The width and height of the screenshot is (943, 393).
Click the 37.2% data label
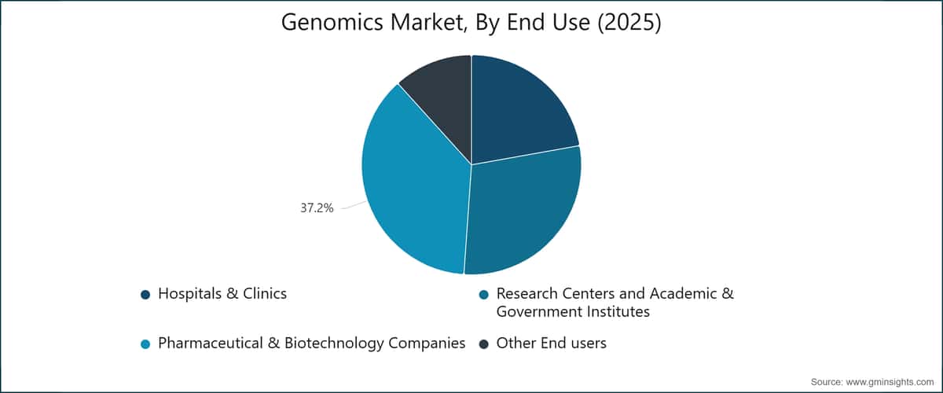click(x=317, y=208)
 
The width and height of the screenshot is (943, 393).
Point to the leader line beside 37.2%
click(x=354, y=205)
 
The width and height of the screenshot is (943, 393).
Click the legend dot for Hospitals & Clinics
click(x=145, y=295)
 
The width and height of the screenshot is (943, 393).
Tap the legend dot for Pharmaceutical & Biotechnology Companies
click(x=145, y=344)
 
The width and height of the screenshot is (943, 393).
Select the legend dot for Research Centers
click(x=484, y=295)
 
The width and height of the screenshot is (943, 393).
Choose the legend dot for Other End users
click(x=484, y=344)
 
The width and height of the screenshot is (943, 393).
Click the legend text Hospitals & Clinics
click(x=222, y=294)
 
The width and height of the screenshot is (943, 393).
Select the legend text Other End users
click(x=552, y=343)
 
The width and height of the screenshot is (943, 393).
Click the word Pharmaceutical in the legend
click(x=211, y=343)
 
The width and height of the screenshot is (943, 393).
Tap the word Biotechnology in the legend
click(x=334, y=343)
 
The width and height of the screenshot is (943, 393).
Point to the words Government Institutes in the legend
click(x=573, y=312)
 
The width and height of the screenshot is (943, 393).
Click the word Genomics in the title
click(x=332, y=22)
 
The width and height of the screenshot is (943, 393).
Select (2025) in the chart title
click(x=629, y=22)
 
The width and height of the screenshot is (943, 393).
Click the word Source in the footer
click(x=827, y=382)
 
